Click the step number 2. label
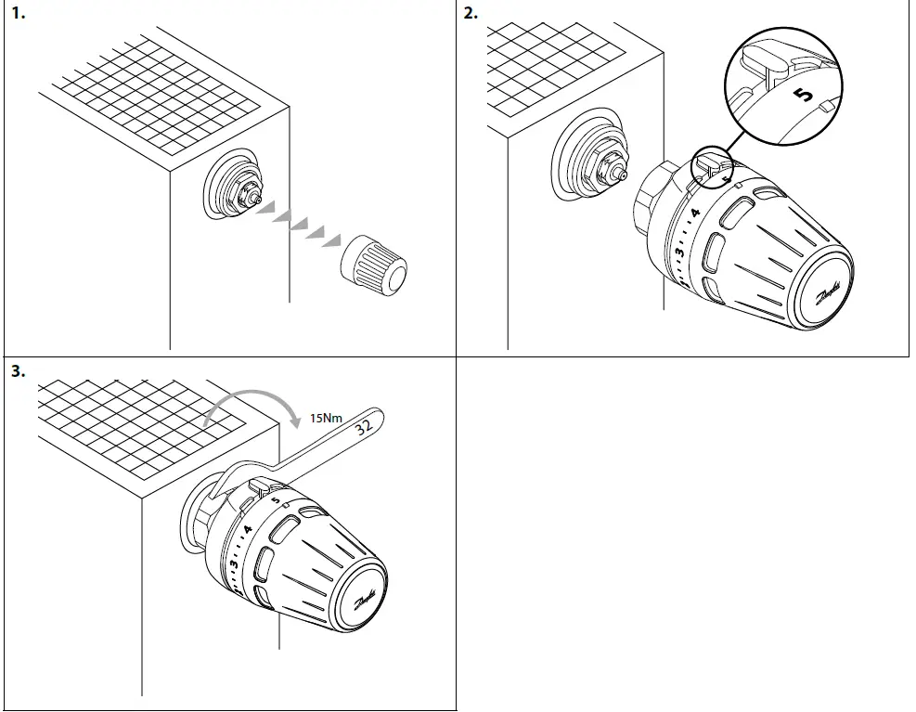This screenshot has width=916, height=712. tap(471, 14)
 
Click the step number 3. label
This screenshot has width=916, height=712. tap(18, 371)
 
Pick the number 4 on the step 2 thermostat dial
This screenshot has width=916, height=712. tap(695, 215)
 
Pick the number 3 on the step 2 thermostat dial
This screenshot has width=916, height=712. tap(679, 252)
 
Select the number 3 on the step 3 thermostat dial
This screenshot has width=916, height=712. tap(234, 564)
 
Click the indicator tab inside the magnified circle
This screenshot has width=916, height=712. tap(767, 64)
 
